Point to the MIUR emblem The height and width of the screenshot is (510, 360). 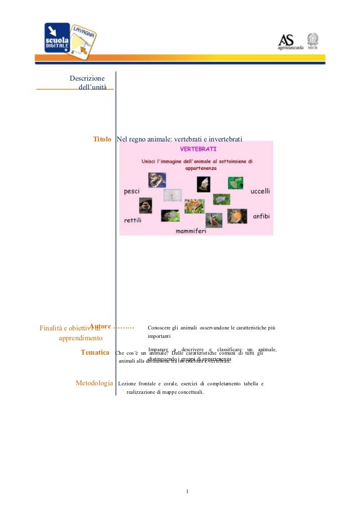click(x=314, y=41)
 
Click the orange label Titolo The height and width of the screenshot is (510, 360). click(x=102, y=140)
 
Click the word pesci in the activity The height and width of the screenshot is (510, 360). click(x=132, y=191)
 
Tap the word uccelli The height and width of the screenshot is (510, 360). click(x=261, y=191)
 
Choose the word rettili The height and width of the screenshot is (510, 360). click(x=133, y=220)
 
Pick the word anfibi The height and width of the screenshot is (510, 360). click(x=262, y=217)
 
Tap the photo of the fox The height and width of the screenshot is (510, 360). click(x=214, y=220)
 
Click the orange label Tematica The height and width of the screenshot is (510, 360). click(x=95, y=353)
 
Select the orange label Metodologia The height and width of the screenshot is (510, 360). click(x=94, y=383)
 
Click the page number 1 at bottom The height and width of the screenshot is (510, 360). click(x=187, y=492)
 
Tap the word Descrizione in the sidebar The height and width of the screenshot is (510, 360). click(x=87, y=78)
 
